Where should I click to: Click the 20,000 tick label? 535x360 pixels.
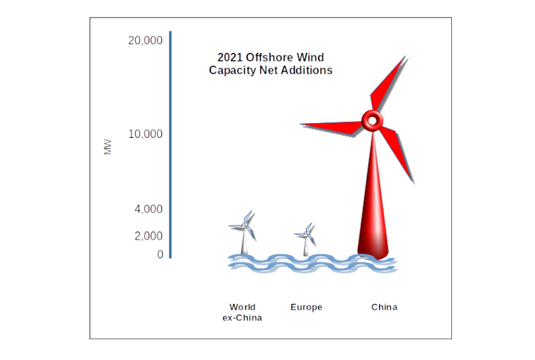(x=145, y=41)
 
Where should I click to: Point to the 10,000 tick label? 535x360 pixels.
(x=145, y=134)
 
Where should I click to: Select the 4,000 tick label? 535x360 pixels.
(x=148, y=209)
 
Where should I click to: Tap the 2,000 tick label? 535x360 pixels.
(x=148, y=236)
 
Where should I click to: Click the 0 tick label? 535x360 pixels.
(x=160, y=255)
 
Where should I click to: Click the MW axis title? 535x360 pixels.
(x=108, y=147)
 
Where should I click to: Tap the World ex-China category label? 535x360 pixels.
(x=242, y=312)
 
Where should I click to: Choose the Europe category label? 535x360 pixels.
(x=306, y=308)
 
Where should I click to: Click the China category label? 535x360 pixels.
(x=384, y=308)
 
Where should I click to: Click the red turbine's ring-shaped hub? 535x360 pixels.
(x=372, y=121)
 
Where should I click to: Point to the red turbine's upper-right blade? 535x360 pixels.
(x=390, y=84)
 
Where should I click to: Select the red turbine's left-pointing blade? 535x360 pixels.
(x=331, y=128)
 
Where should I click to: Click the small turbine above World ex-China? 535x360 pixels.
(x=244, y=231)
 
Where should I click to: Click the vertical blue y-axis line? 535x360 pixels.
(x=171, y=144)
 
